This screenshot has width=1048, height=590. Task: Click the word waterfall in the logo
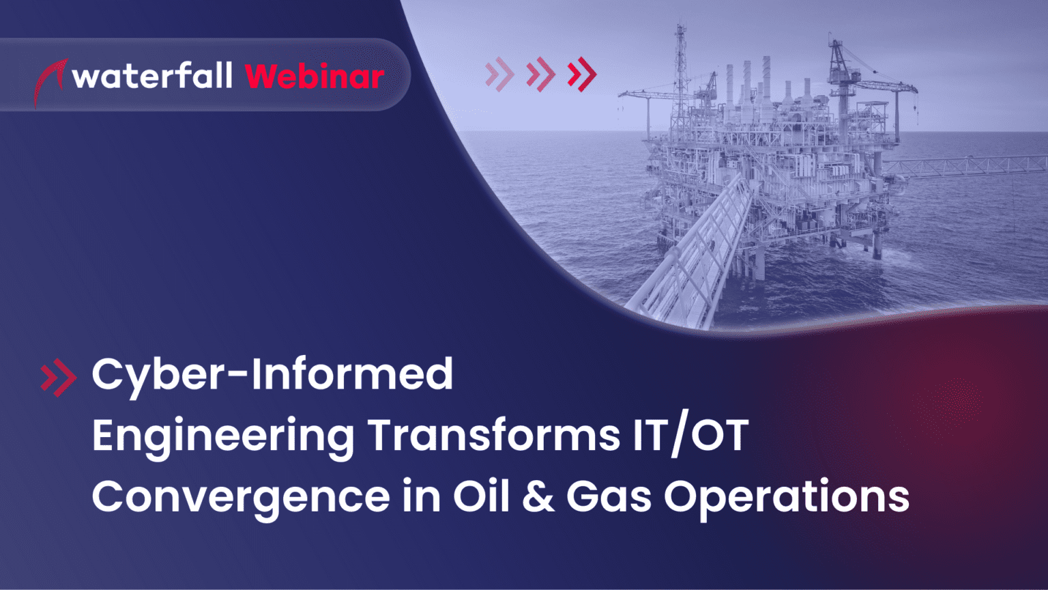(x=152, y=76)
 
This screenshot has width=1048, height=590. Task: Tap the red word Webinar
(x=315, y=76)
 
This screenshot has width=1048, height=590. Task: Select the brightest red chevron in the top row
(x=583, y=74)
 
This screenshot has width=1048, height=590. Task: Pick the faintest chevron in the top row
(x=500, y=74)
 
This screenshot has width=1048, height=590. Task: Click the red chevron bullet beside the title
(x=58, y=377)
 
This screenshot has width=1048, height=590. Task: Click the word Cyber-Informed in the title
(x=272, y=374)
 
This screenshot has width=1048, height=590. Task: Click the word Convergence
(x=241, y=496)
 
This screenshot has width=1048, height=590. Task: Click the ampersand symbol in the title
(x=538, y=496)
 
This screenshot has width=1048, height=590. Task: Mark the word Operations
(x=787, y=498)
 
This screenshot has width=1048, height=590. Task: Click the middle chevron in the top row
(x=541, y=74)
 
